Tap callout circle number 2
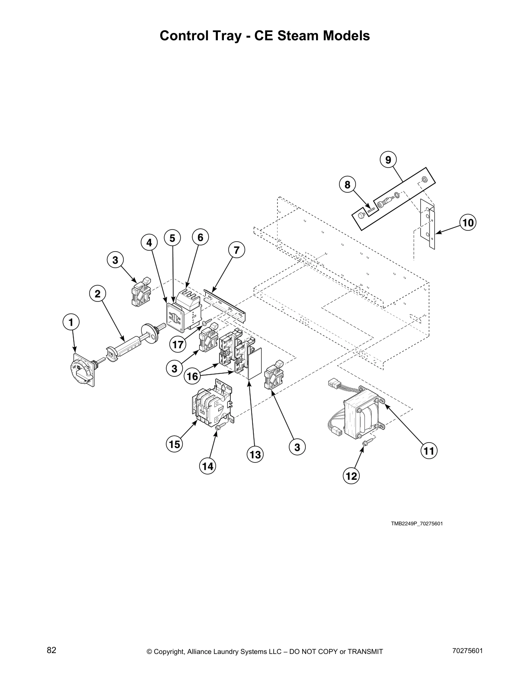97,294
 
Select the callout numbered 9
388,160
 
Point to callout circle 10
468,223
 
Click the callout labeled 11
429,451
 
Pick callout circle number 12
351,476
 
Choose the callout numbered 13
255,454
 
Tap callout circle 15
175,444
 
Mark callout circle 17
178,345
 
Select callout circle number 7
236,250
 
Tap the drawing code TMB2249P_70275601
417,524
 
